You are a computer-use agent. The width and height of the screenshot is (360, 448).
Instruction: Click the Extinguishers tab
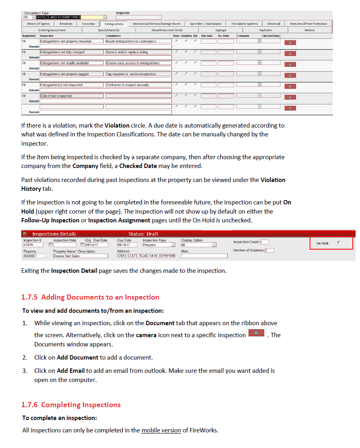click(114, 24)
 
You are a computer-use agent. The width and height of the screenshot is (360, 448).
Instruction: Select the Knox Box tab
click(88, 24)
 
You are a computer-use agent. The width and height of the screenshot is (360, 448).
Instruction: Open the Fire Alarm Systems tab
click(244, 24)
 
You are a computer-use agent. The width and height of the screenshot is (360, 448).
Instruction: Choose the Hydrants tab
click(265, 30)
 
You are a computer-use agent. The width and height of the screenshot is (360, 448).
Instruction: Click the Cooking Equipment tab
click(52, 30)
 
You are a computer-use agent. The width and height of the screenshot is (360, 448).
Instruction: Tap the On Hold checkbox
click(339, 243)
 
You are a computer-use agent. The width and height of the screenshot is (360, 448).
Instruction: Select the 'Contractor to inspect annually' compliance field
click(138, 85)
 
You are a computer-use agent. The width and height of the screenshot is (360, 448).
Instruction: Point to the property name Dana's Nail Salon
click(80, 256)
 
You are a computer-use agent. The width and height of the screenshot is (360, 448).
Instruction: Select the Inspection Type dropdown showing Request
click(159, 245)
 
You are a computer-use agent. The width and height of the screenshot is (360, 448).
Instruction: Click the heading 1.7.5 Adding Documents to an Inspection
click(90, 297)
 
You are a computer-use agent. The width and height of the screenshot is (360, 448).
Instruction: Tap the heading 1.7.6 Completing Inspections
click(71, 405)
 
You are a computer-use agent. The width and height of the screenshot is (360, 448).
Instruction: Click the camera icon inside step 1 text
click(256, 333)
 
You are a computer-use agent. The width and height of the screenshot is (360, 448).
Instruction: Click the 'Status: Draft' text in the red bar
click(143, 234)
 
